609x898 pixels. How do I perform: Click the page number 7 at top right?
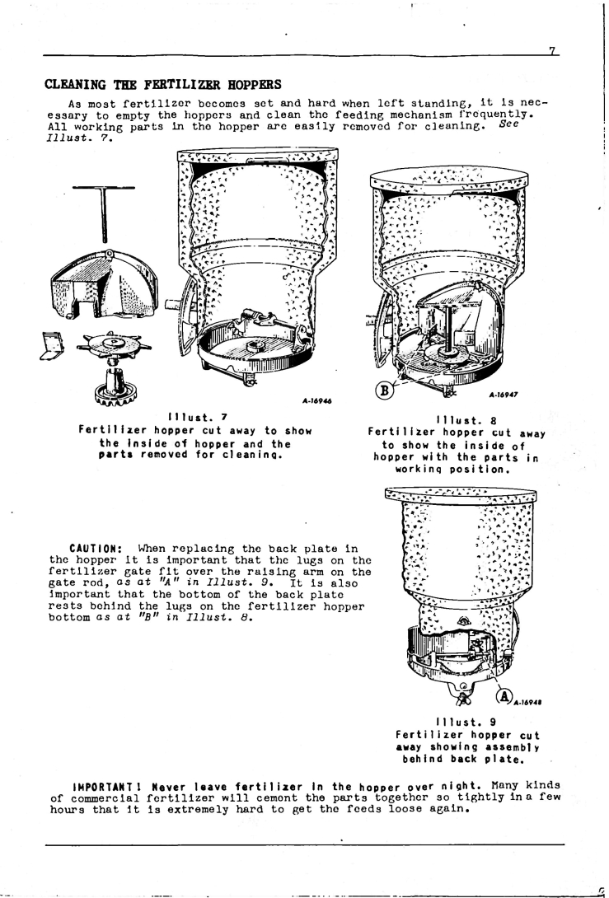pyautogui.click(x=552, y=51)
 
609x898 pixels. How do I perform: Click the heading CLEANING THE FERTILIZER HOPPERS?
pyautogui.click(x=163, y=85)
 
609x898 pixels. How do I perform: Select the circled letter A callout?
pyautogui.click(x=504, y=696)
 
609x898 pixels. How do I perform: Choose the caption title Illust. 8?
pyautogui.click(x=466, y=420)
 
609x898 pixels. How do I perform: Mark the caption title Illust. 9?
pyautogui.click(x=466, y=722)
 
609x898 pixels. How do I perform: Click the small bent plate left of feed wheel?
pyautogui.click(x=53, y=346)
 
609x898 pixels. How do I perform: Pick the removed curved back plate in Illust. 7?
pyautogui.click(x=104, y=283)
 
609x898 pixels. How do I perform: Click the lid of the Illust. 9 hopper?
pyautogui.click(x=461, y=494)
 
